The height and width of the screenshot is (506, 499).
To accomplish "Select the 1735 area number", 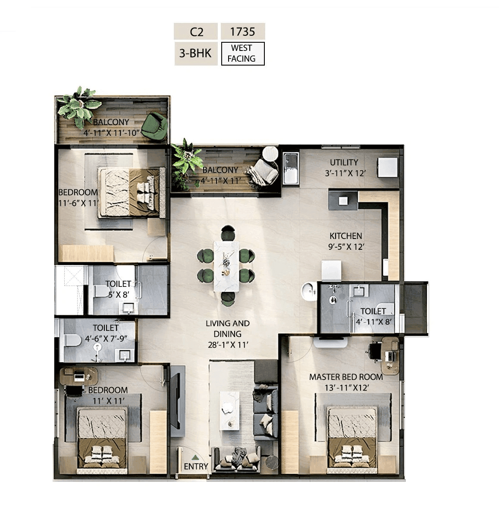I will (242, 32).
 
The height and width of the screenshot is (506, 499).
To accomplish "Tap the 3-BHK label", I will (196, 53).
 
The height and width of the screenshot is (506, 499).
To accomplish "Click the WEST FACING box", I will (242, 53).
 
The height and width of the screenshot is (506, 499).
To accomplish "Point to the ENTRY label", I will (196, 466).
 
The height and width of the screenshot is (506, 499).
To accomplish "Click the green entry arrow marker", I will (195, 457).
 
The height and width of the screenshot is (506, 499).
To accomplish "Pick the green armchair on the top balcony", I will (155, 126).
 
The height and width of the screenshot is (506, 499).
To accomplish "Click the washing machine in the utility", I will (290, 168).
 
